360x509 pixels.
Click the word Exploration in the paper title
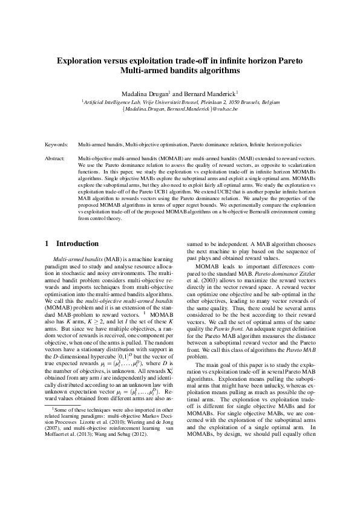(82, 61)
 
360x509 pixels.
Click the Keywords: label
(57, 145)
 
